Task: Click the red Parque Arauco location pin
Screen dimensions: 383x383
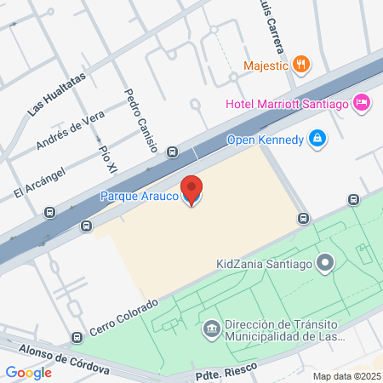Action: [192, 189]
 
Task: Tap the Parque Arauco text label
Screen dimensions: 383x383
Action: [140, 197]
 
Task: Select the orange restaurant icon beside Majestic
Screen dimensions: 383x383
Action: [300, 64]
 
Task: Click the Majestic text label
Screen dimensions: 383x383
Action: [265, 65]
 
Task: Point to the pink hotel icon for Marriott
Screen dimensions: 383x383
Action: [361, 102]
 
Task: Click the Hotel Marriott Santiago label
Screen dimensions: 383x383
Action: [287, 104]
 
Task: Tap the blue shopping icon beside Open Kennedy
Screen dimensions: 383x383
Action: [317, 138]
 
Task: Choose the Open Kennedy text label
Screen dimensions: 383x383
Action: [265, 140]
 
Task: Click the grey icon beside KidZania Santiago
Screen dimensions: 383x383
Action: [324, 263]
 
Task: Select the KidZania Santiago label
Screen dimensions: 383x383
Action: [265, 264]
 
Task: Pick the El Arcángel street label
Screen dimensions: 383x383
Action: [40, 181]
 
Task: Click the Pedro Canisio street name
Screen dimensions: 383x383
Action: [140, 120]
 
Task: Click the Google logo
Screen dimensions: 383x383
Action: [28, 372]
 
